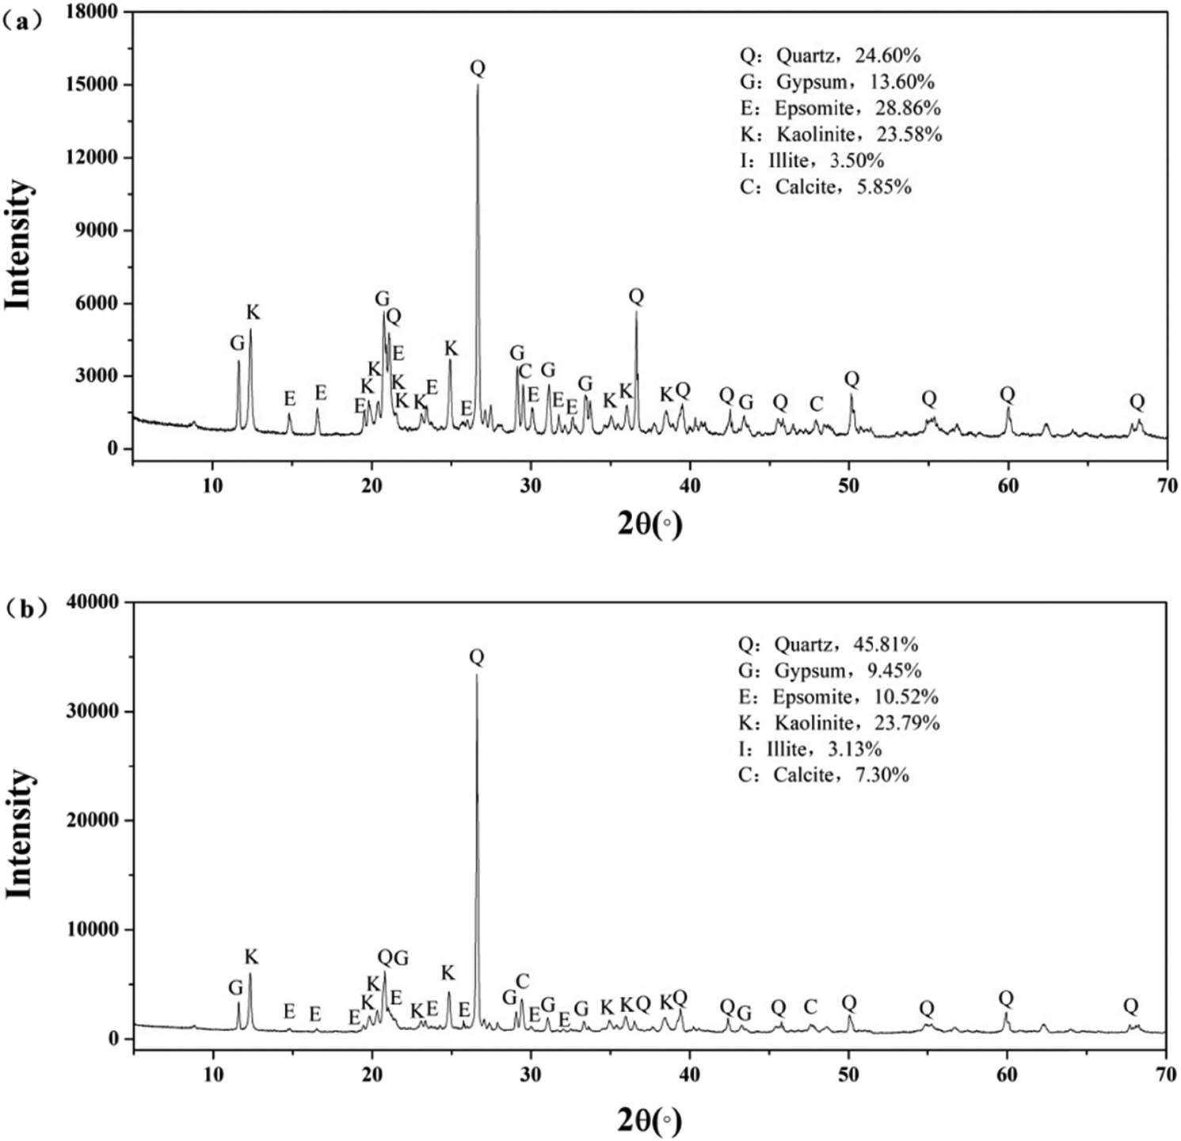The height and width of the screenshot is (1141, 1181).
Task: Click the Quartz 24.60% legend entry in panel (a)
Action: [829, 55]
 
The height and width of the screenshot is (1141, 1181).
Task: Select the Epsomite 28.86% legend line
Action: [840, 108]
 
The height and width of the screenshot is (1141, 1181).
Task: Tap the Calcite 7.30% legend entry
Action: [823, 774]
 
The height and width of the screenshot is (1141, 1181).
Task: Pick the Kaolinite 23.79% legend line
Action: [838, 722]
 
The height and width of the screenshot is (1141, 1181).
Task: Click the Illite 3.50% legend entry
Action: [811, 160]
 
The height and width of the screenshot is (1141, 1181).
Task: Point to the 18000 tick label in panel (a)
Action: [90, 12]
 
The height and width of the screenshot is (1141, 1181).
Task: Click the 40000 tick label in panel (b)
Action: [90, 603]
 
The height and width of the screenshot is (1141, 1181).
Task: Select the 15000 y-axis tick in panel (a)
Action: [90, 85]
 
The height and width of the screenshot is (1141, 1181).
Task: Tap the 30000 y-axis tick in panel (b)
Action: [90, 711]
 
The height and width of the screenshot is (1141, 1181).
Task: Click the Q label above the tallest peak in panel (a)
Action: [478, 68]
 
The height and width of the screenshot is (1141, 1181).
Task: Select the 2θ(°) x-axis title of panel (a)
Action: [650, 523]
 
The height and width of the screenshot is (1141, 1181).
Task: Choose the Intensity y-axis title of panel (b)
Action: [20, 833]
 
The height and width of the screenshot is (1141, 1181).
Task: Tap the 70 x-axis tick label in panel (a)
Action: [1167, 485]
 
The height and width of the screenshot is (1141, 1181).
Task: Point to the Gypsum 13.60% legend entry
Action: [836, 82]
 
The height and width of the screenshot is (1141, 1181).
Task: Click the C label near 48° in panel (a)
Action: [816, 405]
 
